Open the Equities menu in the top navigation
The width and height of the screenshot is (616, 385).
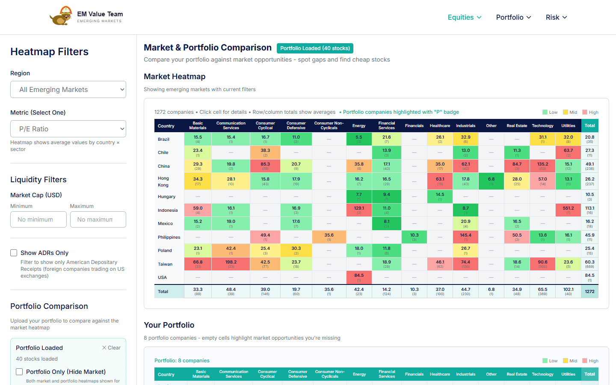pyautogui.click(x=464, y=18)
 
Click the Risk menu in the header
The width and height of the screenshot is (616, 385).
pyautogui.click(x=556, y=18)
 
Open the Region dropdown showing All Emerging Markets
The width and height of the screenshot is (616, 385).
pyautogui.click(x=68, y=89)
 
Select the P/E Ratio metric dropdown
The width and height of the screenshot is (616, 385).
pyautogui.click(x=68, y=129)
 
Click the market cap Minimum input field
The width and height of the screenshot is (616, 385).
pyautogui.click(x=38, y=219)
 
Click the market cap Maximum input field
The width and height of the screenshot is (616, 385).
pyautogui.click(x=98, y=219)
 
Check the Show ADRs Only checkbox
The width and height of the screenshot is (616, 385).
pyautogui.click(x=14, y=253)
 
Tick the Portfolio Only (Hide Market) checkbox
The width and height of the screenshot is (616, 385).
pyautogui.click(x=19, y=372)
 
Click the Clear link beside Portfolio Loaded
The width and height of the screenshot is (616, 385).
pyautogui.click(x=111, y=348)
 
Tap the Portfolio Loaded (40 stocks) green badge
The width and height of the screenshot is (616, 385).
pyautogui.click(x=315, y=48)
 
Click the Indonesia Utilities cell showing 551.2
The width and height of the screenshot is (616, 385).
pyautogui.click(x=568, y=210)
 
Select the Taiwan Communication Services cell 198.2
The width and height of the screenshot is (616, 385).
pyautogui.click(x=231, y=264)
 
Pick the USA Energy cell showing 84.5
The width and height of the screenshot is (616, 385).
pyautogui.click(x=359, y=278)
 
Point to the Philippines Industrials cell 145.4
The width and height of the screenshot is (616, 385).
pyautogui.click(x=465, y=237)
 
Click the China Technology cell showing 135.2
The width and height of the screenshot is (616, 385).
pyautogui.click(x=542, y=166)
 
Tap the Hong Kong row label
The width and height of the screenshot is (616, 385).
pyautogui.click(x=163, y=181)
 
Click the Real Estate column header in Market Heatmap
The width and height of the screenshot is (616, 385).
pyautogui.click(x=517, y=126)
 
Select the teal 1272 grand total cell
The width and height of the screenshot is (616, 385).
pyautogui.click(x=589, y=291)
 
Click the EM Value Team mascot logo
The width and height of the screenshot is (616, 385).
pyautogui.click(x=61, y=16)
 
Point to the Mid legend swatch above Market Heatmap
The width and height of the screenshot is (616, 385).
pyautogui.click(x=566, y=112)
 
